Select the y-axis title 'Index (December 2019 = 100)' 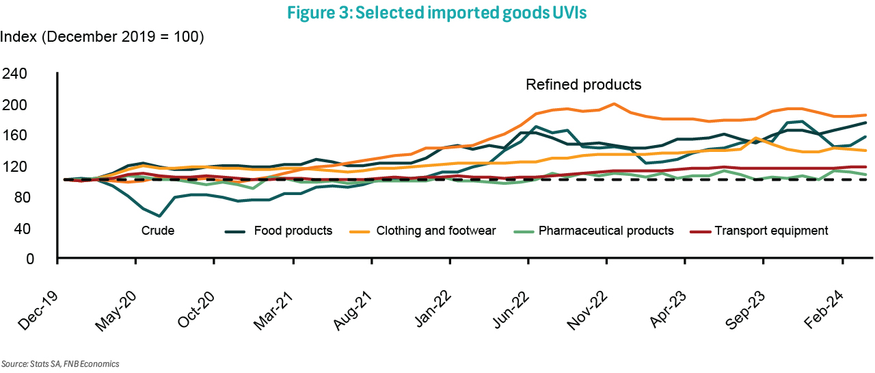pos(103,37)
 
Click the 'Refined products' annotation pos(583,85)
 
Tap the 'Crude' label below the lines pos(158,231)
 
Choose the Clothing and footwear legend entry pos(436,231)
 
